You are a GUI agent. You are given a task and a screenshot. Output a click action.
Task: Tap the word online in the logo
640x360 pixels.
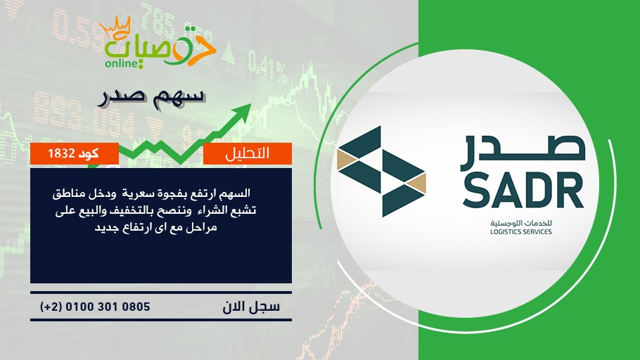pos(121,63)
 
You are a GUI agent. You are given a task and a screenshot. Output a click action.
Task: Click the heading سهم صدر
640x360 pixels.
pos(151,98)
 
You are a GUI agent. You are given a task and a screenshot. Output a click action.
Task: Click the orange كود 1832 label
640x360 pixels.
pos(75,153)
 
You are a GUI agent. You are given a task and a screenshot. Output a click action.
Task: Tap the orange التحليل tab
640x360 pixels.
pos(248,153)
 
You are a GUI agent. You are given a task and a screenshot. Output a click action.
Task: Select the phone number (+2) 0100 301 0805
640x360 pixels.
pos(95,307)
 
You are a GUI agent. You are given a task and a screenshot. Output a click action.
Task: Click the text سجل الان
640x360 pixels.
pos(251,307)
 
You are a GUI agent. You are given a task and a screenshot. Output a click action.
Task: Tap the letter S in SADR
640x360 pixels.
pos(476,190)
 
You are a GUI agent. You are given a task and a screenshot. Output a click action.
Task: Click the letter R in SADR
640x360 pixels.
pos(570,191)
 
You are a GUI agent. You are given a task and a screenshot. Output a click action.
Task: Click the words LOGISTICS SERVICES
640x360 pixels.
pos(521,232)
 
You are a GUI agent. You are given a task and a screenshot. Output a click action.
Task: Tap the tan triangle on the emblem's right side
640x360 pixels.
pos(416,183)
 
